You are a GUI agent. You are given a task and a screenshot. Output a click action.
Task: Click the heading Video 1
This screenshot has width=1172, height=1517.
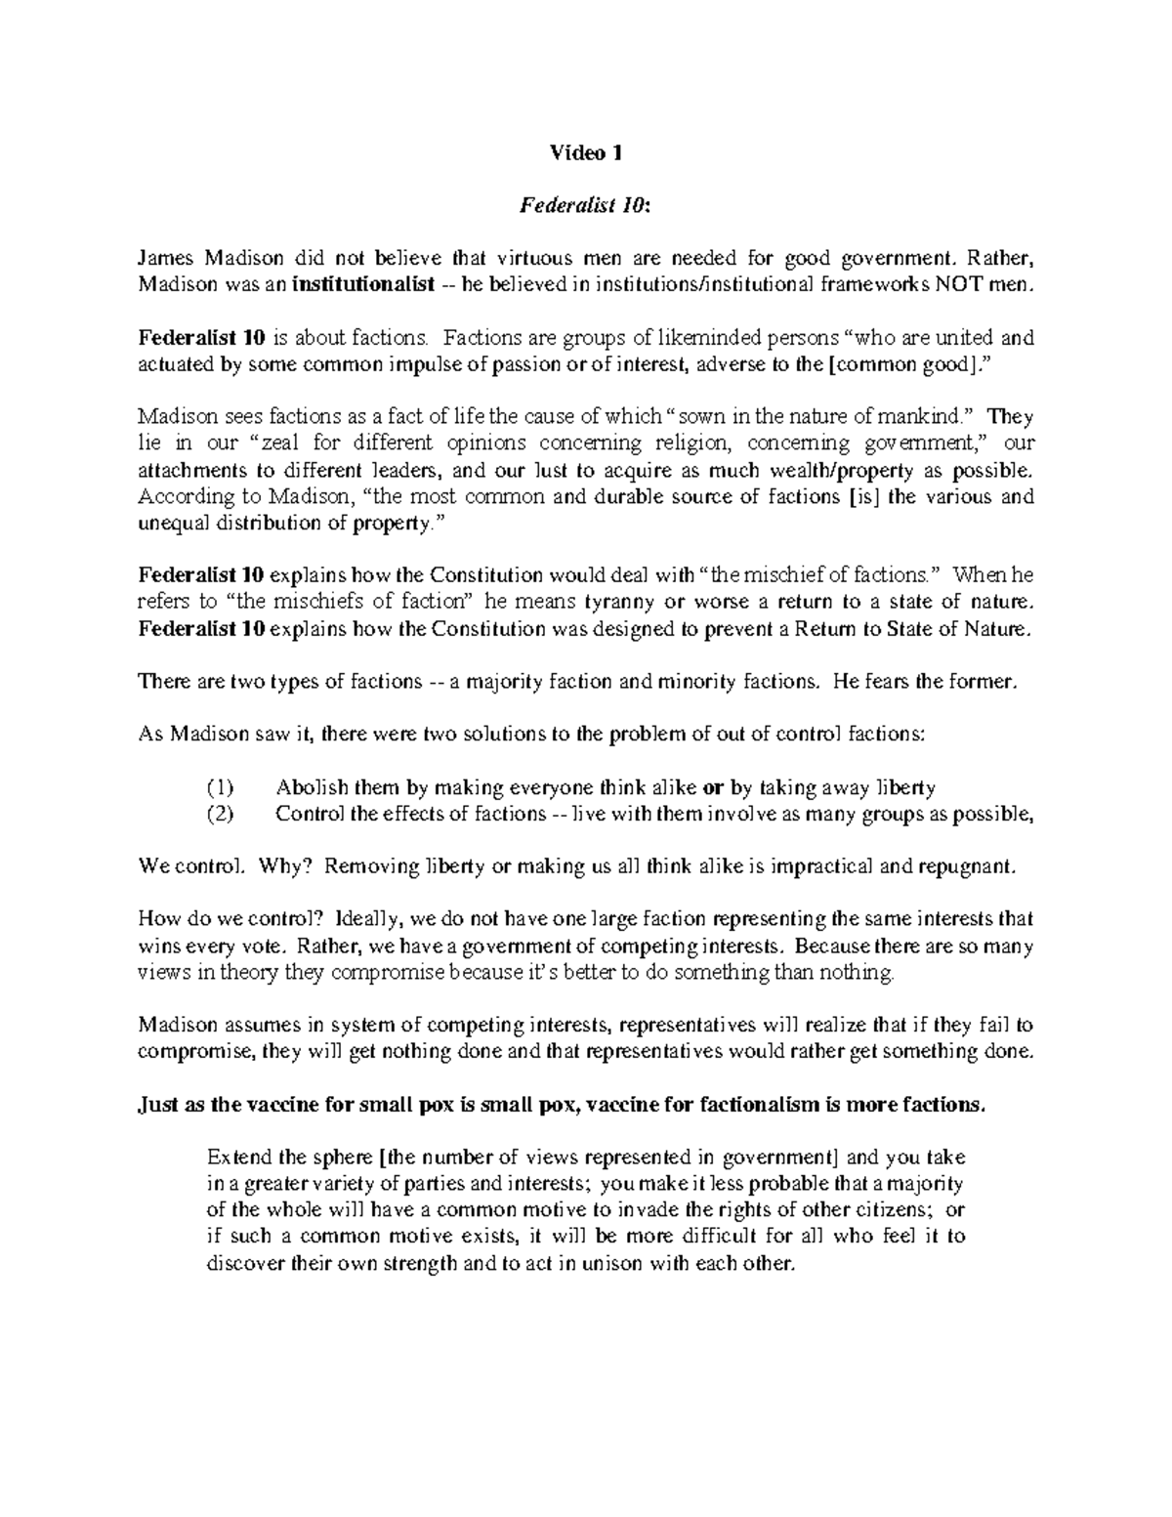(585, 152)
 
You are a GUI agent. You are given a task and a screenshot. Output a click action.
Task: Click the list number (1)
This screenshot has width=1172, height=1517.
(221, 788)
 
